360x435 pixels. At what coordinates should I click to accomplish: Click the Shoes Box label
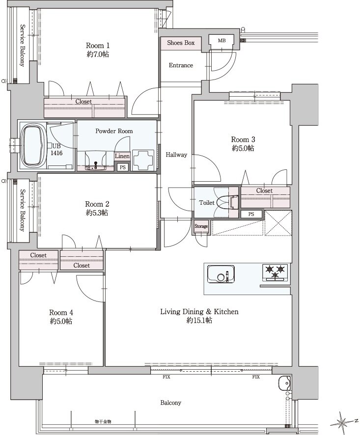[x=181, y=43]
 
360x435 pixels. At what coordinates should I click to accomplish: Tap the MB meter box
[x=222, y=41]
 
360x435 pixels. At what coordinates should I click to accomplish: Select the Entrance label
[x=181, y=65]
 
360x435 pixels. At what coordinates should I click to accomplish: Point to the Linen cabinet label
[x=122, y=156]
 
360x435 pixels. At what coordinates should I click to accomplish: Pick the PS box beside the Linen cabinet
[x=122, y=167]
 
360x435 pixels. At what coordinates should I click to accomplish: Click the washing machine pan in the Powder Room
[x=143, y=160]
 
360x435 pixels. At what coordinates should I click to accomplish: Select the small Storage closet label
[x=201, y=226]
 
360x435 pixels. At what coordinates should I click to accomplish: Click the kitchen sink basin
[x=221, y=274]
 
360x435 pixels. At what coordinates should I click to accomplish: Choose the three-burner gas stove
[x=275, y=272]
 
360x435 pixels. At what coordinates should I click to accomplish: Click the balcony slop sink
[x=284, y=383]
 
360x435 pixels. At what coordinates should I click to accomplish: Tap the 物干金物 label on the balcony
[x=103, y=421]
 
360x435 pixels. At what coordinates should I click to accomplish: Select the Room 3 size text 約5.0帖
[x=243, y=148]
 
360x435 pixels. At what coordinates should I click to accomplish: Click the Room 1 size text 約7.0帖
[x=98, y=54]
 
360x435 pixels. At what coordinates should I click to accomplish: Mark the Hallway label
[x=176, y=155]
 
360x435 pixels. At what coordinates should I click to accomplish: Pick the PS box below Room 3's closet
[x=251, y=214]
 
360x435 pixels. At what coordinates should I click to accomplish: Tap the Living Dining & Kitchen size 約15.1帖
[x=199, y=321]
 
